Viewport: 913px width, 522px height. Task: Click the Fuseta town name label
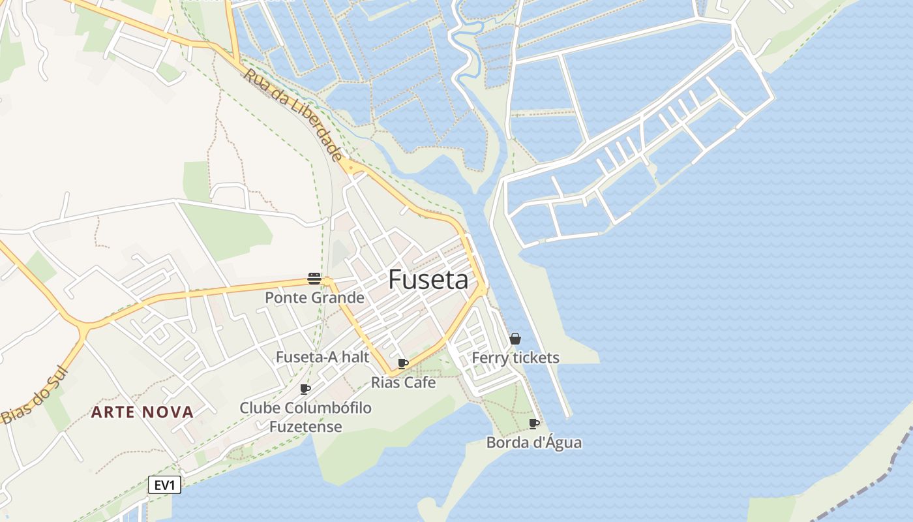428,280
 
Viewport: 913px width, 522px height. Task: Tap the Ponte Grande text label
314,298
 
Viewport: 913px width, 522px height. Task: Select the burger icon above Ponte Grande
314,279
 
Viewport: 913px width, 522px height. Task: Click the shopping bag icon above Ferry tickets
515,339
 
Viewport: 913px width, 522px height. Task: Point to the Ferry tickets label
515,358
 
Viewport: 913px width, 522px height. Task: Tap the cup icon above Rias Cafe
403,363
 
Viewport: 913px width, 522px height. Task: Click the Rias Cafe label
403,382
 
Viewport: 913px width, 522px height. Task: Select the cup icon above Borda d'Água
534,423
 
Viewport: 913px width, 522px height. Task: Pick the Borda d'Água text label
534,442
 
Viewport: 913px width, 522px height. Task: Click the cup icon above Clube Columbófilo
305,389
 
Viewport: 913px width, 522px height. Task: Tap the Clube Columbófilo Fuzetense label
305,418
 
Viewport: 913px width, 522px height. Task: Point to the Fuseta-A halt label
322,358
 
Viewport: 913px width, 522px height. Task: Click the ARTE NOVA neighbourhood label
142,412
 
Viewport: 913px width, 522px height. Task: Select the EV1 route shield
164,485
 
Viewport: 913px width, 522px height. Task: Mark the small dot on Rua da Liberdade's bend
352,168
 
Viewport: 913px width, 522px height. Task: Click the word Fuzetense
305,427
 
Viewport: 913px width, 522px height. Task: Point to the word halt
356,358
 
